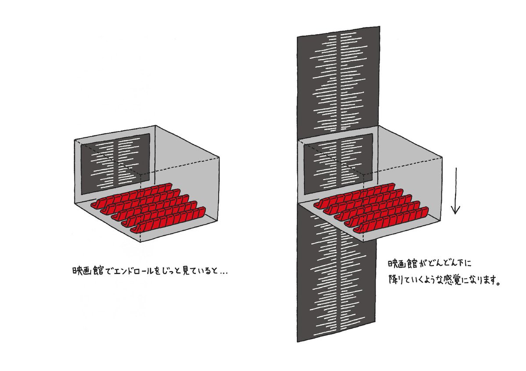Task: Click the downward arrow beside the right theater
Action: pyautogui.click(x=455, y=191)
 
